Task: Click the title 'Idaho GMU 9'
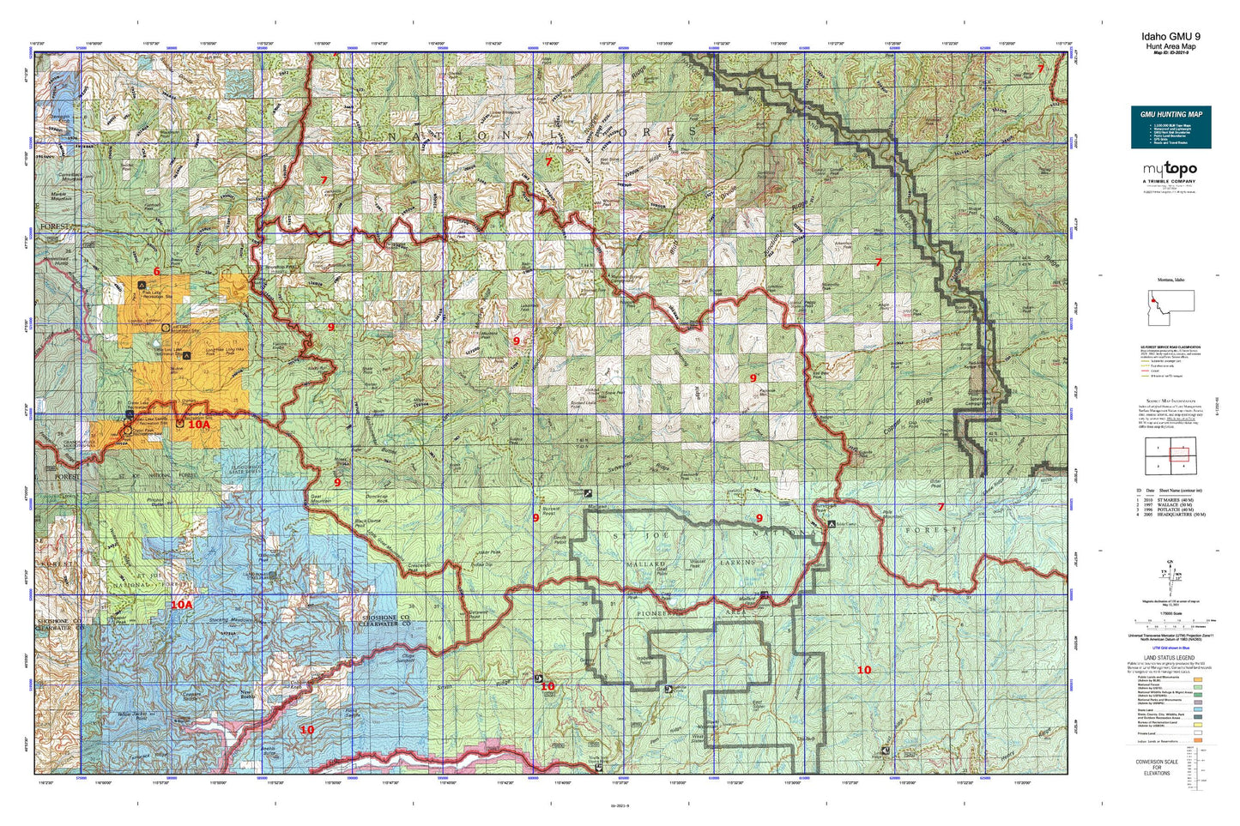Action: click(1170, 36)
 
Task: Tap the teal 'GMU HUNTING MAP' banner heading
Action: click(1170, 114)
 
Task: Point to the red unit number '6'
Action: click(156, 271)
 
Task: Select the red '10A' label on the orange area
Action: click(198, 424)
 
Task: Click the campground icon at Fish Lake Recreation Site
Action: click(142, 284)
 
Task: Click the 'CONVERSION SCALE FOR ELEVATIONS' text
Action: click(1157, 767)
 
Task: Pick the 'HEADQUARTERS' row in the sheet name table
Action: click(1175, 515)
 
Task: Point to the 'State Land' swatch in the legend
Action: click(1197, 710)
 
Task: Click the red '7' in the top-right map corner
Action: click(1040, 69)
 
